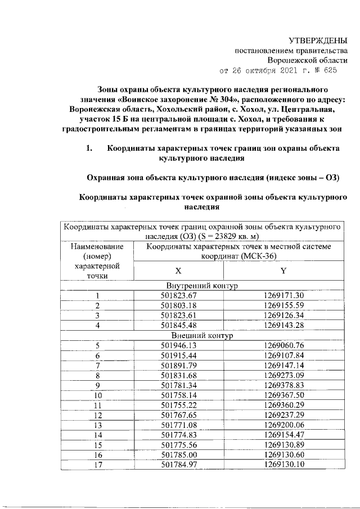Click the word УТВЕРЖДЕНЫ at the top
[x=318, y=41]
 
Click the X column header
[x=178, y=271]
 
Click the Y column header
[x=284, y=271]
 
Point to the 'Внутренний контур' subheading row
[x=201, y=286]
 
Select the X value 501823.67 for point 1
[x=178, y=296]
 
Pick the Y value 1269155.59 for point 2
[x=284, y=305]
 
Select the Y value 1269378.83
[x=284, y=385]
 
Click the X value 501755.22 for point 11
[x=178, y=404]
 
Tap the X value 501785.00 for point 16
[x=178, y=454]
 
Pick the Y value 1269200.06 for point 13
[x=284, y=424]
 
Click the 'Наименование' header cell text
[x=97, y=246]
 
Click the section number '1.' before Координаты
[x=88, y=149]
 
